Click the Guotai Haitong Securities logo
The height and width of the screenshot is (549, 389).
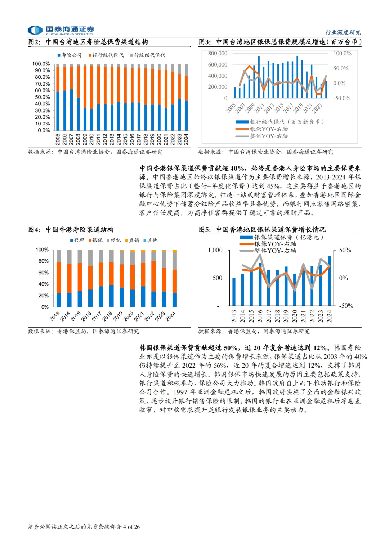pyautogui.click(x=61, y=30)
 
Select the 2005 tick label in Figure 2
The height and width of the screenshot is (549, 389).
pyautogui.click(x=58, y=139)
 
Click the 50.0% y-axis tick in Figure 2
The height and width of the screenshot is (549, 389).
pyautogui.click(x=42, y=97)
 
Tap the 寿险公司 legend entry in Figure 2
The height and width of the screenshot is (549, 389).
pyautogui.click(x=70, y=55)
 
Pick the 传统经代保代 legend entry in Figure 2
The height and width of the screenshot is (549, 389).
pyautogui.click(x=148, y=55)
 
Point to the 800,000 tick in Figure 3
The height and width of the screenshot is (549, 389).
pyautogui.click(x=218, y=54)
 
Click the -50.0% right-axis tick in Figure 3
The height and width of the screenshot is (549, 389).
pyautogui.click(x=342, y=98)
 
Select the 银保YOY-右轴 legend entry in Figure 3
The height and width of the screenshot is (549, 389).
pyautogui.click(x=269, y=129)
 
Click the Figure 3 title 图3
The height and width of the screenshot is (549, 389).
pyautogui.click(x=205, y=42)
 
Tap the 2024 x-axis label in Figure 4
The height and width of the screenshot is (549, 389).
pyautogui.click(x=170, y=316)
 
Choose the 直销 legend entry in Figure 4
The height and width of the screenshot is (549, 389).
pyautogui.click(x=132, y=240)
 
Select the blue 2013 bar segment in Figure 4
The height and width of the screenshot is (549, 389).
pyautogui.click(x=59, y=300)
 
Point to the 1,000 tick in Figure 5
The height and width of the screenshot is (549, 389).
pyautogui.click(x=215, y=250)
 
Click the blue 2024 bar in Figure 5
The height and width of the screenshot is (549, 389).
pyautogui.click(x=329, y=280)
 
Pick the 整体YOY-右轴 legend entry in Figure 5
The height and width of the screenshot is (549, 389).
pyautogui.click(x=275, y=251)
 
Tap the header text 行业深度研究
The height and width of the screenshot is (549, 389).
pyautogui.click(x=343, y=32)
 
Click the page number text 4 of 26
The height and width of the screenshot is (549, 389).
pyautogui.click(x=131, y=527)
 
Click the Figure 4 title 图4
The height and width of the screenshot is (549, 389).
pyautogui.click(x=34, y=229)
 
